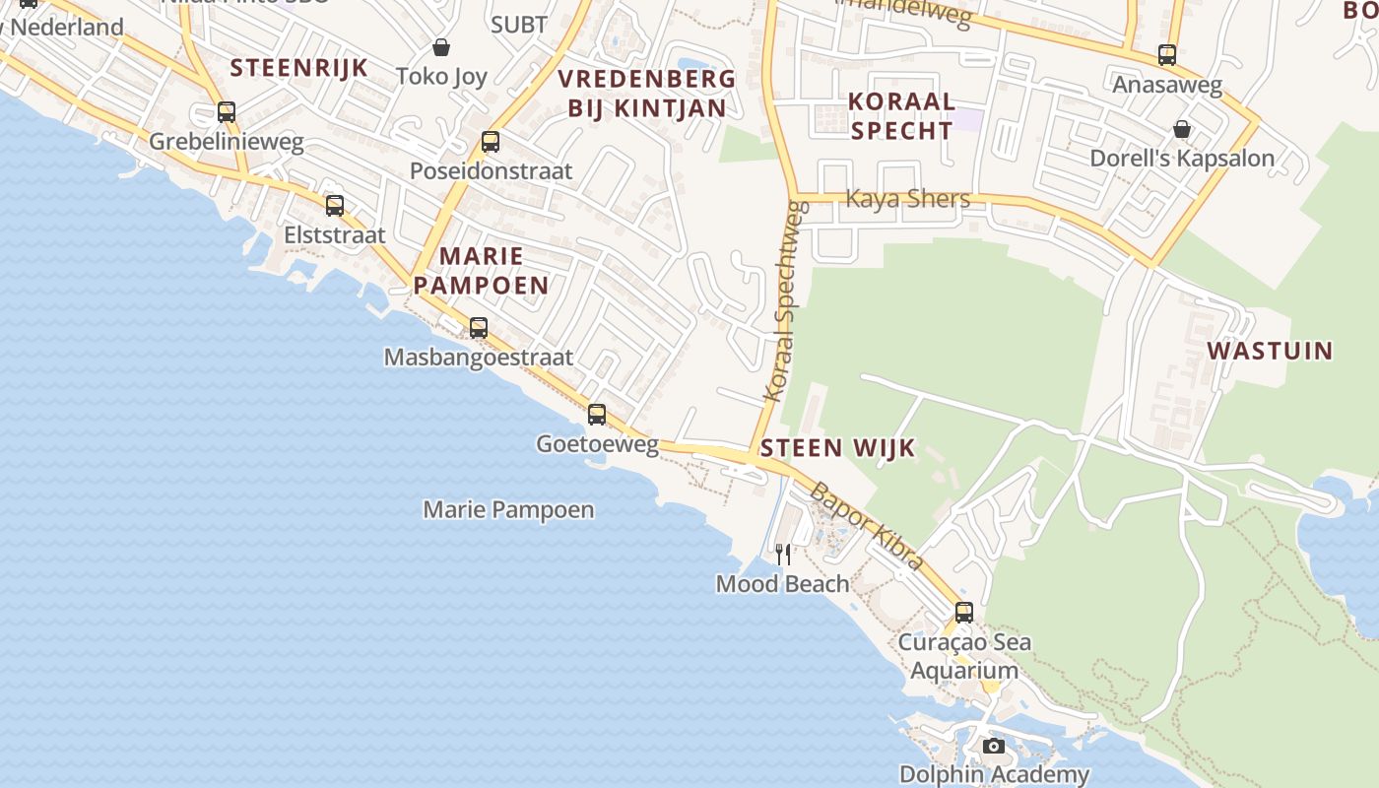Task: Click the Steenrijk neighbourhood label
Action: [x=298, y=68]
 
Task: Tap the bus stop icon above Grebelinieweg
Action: [x=227, y=112]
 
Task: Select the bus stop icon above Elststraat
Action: [x=335, y=206]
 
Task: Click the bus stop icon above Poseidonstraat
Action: [x=491, y=142]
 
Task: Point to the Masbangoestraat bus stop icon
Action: [x=479, y=328]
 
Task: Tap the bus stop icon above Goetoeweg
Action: [x=597, y=415]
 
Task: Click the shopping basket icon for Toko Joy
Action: [x=441, y=47]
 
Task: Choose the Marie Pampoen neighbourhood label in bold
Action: [x=481, y=271]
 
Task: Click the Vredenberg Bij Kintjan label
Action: [x=646, y=94]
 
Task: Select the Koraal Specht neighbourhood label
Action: [x=901, y=115]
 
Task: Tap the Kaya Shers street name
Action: [x=907, y=199]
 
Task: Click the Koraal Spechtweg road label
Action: [x=786, y=301]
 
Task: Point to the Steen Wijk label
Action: [x=837, y=448]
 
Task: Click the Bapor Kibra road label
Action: [x=867, y=526]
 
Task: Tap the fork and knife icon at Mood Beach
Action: [x=783, y=554]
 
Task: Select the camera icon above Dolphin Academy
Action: [x=994, y=746]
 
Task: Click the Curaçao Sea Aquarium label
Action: [x=964, y=656]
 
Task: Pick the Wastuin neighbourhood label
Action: [x=1270, y=351]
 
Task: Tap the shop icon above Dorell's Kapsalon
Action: [x=1181, y=129]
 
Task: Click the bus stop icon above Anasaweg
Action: [x=1167, y=55]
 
